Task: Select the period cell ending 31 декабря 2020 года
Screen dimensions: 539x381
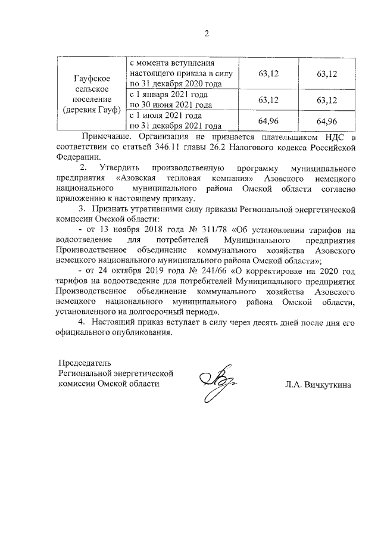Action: (183, 73)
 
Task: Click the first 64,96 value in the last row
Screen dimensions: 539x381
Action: (269, 121)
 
